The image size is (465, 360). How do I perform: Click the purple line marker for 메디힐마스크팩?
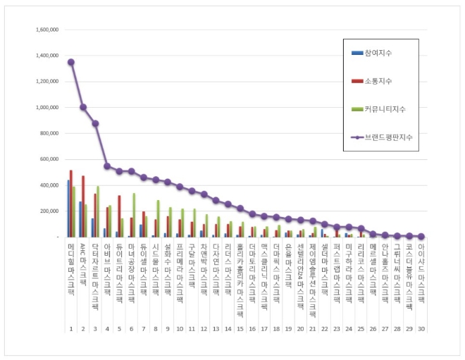71,62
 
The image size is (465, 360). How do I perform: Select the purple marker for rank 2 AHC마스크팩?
83,107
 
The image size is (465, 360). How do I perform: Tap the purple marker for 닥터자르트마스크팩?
95,123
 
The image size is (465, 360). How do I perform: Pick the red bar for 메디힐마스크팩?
71,204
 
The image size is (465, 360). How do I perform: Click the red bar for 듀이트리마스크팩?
119,216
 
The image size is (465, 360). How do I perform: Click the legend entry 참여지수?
375,54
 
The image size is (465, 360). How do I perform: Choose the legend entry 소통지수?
375,81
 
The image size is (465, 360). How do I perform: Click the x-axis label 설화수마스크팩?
167,262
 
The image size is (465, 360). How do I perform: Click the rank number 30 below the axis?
421,329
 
